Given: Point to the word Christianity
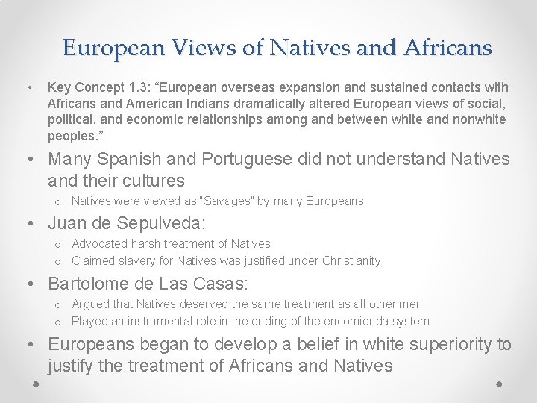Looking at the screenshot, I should pos(351,261).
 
